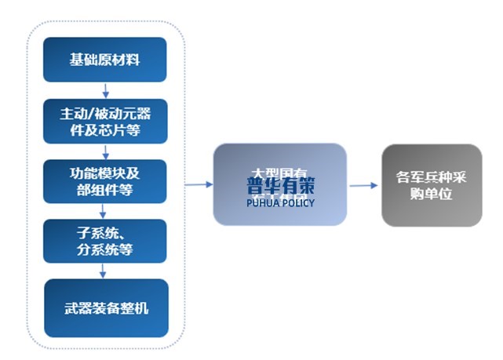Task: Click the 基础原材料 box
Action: click(x=105, y=60)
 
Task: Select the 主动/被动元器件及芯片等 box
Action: click(x=105, y=122)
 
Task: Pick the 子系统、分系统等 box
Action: click(x=105, y=241)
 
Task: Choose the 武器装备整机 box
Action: click(x=105, y=308)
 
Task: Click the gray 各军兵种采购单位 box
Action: click(x=431, y=185)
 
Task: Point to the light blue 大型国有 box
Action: click(x=279, y=184)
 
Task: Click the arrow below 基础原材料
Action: click(x=105, y=90)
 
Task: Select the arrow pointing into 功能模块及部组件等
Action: click(x=105, y=151)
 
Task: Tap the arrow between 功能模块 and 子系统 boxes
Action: click(x=105, y=211)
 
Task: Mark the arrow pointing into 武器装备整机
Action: click(x=105, y=271)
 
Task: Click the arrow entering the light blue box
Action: click(x=199, y=184)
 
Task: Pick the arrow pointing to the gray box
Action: click(x=363, y=186)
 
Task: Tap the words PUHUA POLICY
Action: click(x=280, y=203)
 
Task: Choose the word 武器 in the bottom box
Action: click(x=76, y=308)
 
